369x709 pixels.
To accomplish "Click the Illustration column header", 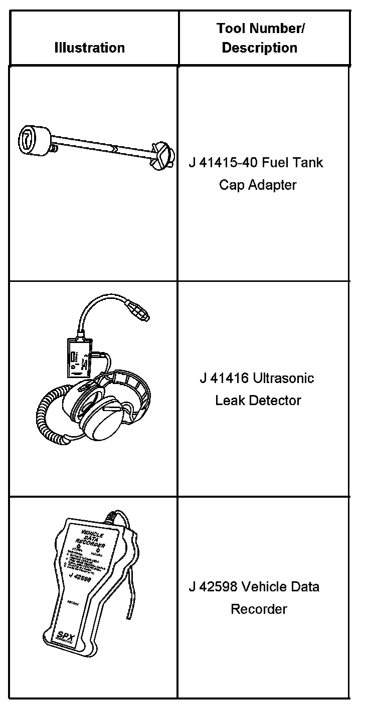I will [x=89, y=48].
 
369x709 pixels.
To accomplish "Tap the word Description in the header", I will [x=259, y=48].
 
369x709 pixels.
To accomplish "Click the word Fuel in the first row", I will [x=272, y=163].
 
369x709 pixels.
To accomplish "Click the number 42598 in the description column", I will [x=224, y=586].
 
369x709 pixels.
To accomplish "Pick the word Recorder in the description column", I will [x=259, y=609].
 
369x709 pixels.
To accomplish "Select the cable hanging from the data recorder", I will [x=134, y=596].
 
